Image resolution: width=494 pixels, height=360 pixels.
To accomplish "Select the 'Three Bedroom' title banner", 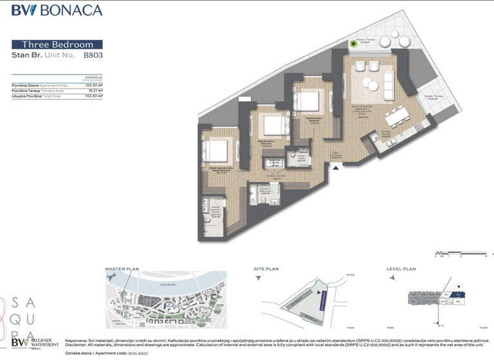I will tap(57, 44).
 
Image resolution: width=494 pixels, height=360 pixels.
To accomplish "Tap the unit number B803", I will tap(93, 55).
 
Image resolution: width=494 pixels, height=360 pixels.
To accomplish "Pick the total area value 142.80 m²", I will tap(94, 96).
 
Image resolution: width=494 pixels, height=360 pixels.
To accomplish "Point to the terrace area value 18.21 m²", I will tap(95, 91).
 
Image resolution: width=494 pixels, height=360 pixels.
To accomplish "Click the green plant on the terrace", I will tap(354, 44).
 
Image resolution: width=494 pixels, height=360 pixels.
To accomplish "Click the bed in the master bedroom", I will tap(215, 150).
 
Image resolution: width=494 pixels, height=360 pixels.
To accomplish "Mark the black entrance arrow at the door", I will tap(334, 168).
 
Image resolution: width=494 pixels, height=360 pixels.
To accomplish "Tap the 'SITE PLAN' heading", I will tap(266, 269).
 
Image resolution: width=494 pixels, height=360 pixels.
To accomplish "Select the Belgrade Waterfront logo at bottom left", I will tap(32, 343).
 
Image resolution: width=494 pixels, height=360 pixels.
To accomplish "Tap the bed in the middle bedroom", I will tap(274, 124).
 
